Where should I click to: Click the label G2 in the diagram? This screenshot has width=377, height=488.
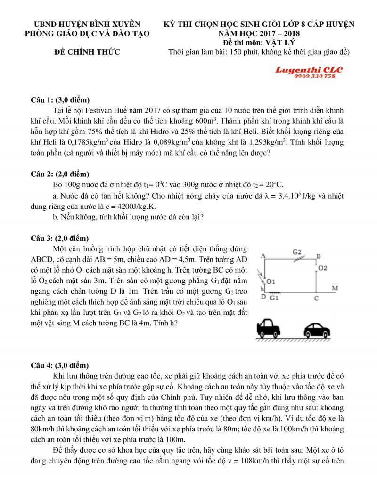click(x=297, y=252)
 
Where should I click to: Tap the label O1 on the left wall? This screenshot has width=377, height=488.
click(x=270, y=281)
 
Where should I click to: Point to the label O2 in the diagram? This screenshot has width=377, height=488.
click(x=323, y=268)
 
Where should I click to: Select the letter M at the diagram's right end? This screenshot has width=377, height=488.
click(x=335, y=288)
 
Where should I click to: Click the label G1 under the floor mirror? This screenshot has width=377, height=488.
click(x=274, y=298)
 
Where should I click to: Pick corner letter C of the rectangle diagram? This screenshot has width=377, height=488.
click(x=316, y=298)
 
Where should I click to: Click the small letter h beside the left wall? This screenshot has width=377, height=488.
click(x=262, y=289)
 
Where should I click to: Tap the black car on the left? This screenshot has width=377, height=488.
click(x=270, y=328)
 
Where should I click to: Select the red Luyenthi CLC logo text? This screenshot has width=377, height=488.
click(x=310, y=70)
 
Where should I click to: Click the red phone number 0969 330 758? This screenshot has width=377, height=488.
click(x=314, y=76)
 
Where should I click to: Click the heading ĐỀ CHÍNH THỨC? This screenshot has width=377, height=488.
click(x=88, y=51)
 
